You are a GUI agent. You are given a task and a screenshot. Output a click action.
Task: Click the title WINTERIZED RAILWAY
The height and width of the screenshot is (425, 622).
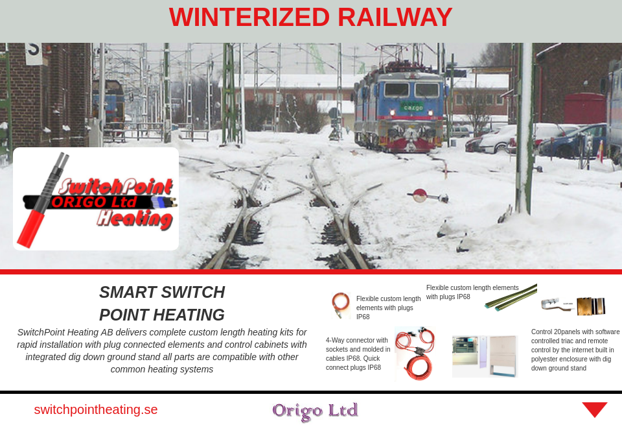[310, 18]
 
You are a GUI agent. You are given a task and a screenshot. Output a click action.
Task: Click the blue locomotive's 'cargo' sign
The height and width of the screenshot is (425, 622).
[411, 106]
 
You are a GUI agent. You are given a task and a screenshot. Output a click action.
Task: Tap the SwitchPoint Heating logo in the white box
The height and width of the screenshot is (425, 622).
[96, 199]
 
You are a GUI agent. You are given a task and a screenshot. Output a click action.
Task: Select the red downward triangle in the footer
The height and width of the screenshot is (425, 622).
[594, 409]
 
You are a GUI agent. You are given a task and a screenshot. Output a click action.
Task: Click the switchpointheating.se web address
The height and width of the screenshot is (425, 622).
[96, 409]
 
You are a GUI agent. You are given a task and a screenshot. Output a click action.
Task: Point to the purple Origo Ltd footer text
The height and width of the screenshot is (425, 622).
[315, 410]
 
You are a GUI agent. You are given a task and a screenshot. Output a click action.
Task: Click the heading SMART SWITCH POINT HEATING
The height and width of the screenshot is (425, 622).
[162, 303]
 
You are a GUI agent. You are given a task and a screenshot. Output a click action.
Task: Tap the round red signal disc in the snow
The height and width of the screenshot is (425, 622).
[420, 195]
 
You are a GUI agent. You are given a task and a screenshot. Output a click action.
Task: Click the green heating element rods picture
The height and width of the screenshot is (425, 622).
[511, 297]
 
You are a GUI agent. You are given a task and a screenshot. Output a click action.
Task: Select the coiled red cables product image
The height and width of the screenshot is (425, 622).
[414, 354]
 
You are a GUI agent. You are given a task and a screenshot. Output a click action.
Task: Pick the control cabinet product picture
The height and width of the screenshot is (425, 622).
[485, 356]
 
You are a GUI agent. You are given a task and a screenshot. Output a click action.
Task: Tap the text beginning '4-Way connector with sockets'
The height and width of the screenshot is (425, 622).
[358, 354]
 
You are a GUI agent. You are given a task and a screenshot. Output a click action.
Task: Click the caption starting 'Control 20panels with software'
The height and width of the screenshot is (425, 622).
[575, 350]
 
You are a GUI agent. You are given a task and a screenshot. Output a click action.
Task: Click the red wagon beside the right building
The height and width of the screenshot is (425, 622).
[584, 108]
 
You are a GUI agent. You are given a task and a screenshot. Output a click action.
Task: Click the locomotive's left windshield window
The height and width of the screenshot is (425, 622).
[397, 90]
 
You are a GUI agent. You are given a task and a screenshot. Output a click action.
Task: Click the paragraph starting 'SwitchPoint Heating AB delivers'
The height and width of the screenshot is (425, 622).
[162, 350]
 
